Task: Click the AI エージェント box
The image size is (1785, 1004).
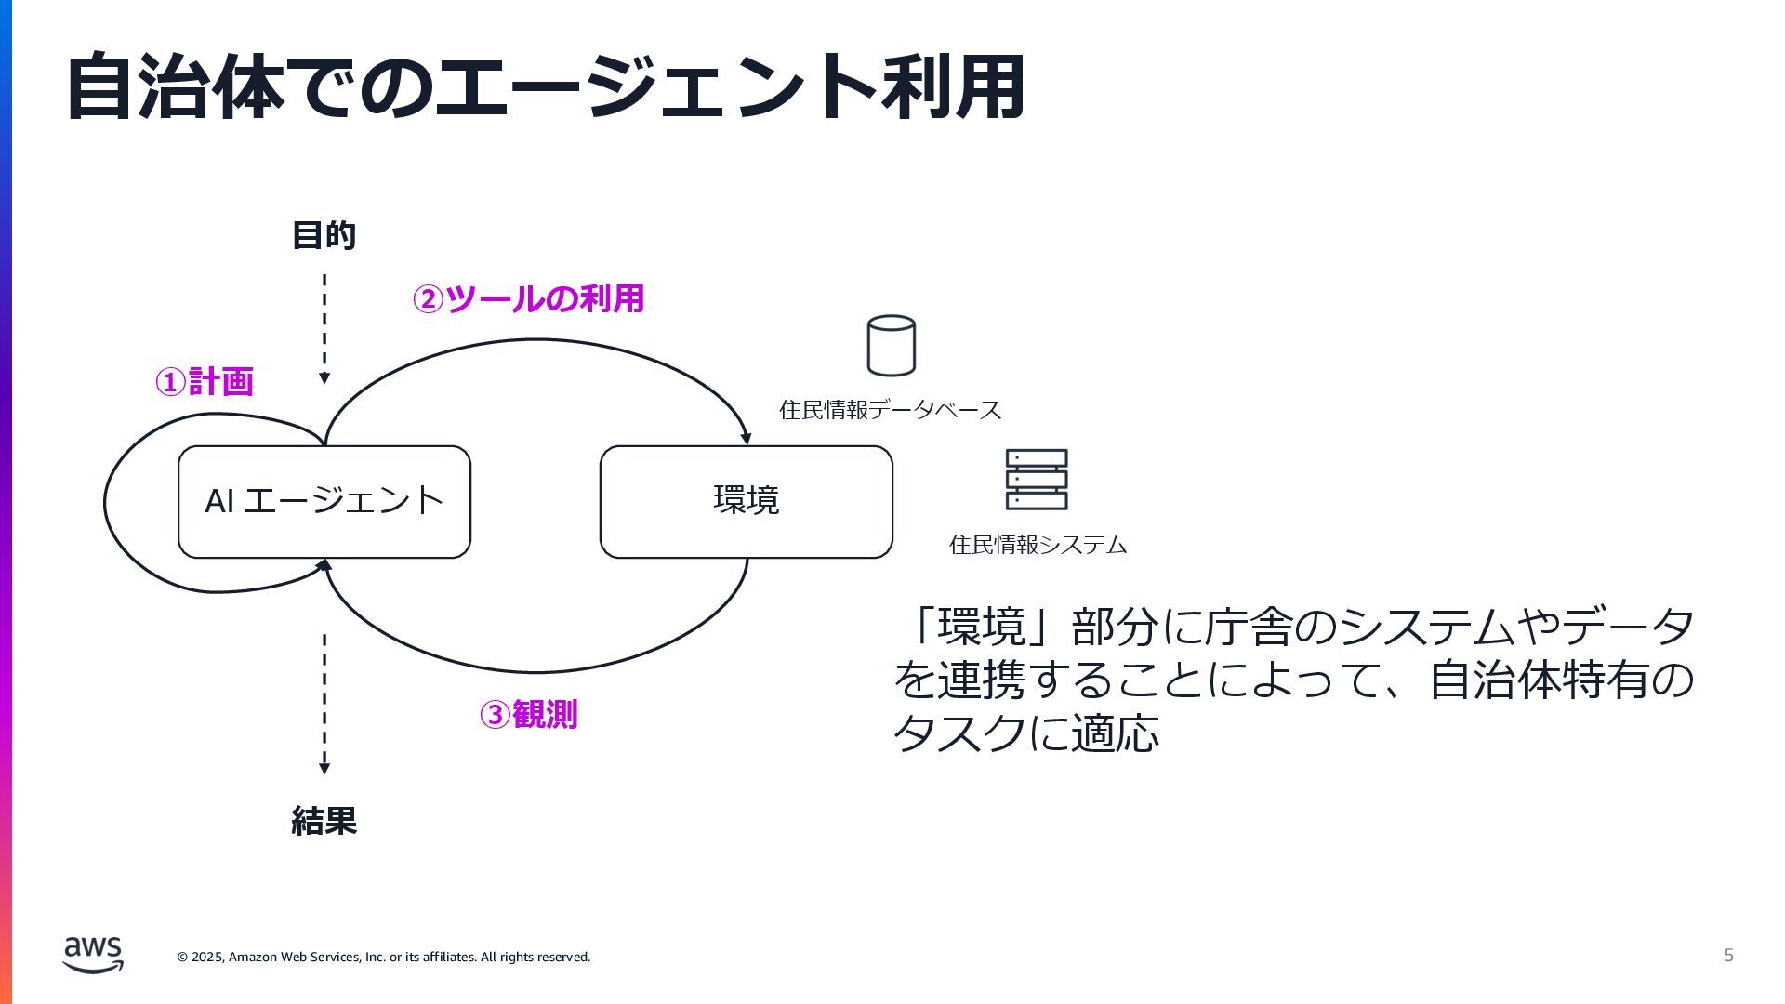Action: click(324, 502)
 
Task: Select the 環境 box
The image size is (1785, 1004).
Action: click(746, 502)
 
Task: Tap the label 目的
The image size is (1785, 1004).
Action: click(324, 235)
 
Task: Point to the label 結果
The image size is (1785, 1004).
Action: click(324, 821)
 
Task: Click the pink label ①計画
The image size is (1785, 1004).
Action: click(205, 381)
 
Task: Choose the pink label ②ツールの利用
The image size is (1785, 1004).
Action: click(528, 298)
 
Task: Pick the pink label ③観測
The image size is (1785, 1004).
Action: click(528, 714)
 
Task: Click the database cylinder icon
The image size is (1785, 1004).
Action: click(891, 346)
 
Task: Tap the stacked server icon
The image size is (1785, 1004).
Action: click(1037, 480)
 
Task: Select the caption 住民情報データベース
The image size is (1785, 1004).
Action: click(890, 410)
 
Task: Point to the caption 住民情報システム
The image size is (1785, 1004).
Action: click(1038, 545)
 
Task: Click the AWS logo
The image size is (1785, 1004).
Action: click(93, 955)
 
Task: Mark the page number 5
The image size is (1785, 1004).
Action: click(1728, 956)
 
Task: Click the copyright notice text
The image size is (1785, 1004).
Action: click(384, 957)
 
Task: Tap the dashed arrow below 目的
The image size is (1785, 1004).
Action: click(324, 328)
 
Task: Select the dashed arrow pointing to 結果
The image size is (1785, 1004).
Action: click(324, 704)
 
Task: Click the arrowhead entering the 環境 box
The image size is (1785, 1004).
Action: click(745, 438)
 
